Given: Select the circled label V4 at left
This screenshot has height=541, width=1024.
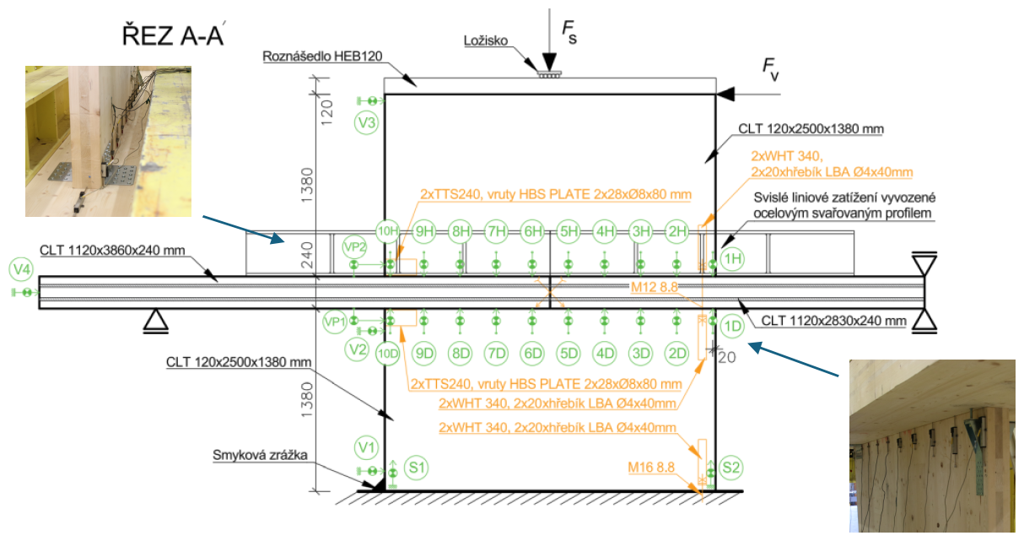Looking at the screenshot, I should (21, 270).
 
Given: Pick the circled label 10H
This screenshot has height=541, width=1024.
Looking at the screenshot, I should (388, 230).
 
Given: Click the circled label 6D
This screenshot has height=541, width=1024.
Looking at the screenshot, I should (532, 353).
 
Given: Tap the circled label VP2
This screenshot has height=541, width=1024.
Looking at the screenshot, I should (355, 248).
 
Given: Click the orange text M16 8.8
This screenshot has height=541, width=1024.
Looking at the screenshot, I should (653, 468).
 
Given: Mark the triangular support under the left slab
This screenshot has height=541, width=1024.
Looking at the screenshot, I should (153, 320).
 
